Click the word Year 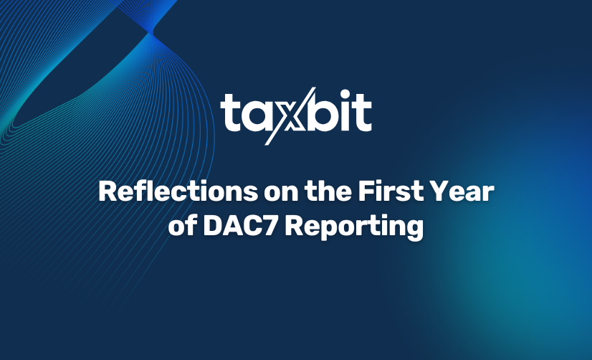point(462,191)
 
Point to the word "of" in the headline point(182,225)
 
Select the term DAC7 point(241,226)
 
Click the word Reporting point(354,227)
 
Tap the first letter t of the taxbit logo point(229,112)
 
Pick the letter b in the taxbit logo point(325,111)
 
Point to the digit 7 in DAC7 point(270,226)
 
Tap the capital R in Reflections point(107,191)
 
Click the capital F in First point(366,191)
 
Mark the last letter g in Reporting point(415,230)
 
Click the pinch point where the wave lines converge point(151,33)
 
